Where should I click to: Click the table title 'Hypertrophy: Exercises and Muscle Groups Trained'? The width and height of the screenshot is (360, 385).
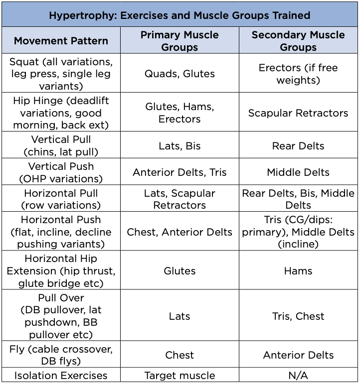[180, 15]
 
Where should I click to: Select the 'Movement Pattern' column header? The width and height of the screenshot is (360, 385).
[61, 41]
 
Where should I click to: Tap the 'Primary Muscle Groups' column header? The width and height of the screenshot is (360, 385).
[180, 41]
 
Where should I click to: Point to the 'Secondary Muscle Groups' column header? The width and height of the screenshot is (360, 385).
[298, 41]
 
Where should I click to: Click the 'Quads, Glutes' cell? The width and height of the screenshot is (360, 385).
[180, 74]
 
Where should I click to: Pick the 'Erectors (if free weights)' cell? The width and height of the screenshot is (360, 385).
[298, 74]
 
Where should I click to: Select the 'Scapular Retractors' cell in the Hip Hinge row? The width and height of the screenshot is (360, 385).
[298, 113]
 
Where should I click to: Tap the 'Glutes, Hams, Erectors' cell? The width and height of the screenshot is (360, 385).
[180, 113]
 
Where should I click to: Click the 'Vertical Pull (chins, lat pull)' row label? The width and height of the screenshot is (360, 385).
[61, 146]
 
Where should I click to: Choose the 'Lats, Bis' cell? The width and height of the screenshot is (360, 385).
[180, 146]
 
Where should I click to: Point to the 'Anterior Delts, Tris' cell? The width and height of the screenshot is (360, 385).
[180, 172]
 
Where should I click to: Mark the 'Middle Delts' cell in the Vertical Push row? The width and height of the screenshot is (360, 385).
[298, 172]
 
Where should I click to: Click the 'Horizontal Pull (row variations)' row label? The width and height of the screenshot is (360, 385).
[61, 199]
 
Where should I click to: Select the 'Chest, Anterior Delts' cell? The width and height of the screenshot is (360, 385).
[180, 232]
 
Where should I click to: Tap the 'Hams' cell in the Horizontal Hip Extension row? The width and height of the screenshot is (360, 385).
[298, 271]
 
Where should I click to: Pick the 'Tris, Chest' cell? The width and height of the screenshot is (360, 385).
[298, 316]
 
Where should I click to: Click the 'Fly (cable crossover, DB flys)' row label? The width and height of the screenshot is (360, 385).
[61, 355]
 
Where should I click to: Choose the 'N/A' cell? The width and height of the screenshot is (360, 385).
[298, 376]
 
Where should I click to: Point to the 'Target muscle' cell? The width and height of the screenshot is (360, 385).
[180, 376]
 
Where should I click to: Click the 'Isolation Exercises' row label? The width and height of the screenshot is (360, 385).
[61, 376]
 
